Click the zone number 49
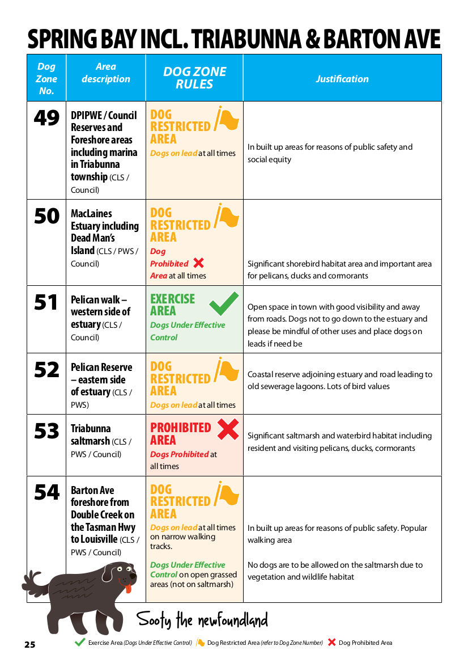click(x=46, y=118)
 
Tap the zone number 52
click(x=46, y=370)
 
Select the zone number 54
click(x=46, y=493)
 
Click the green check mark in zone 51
click(x=224, y=304)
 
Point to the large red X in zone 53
click(x=228, y=429)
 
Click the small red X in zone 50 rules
click(x=198, y=263)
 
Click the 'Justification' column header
click(x=342, y=79)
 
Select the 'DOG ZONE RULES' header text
click(x=194, y=78)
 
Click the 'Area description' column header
click(x=105, y=73)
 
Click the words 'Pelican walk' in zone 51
click(x=98, y=299)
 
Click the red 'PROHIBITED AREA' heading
click(x=180, y=434)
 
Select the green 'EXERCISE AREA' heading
click(x=172, y=305)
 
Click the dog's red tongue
click(x=129, y=588)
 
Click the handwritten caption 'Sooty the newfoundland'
click(x=202, y=620)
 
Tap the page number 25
click(x=30, y=644)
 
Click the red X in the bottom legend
click(x=332, y=643)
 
